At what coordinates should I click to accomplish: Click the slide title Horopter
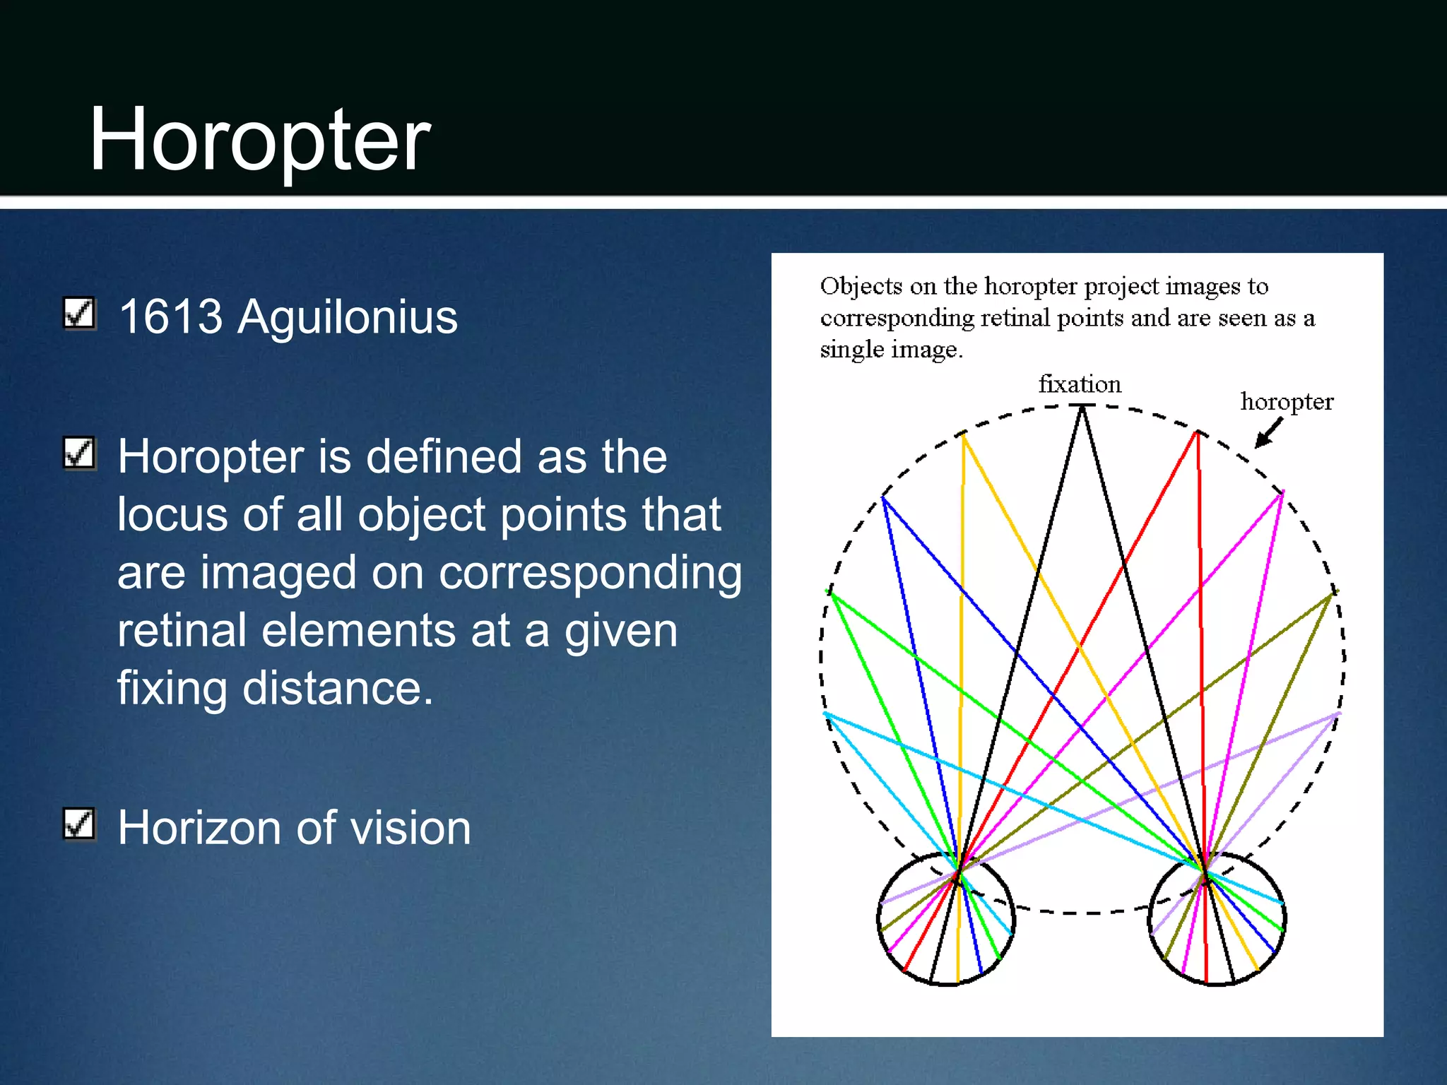coord(259,139)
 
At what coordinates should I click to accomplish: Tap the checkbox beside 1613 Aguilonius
coord(79,313)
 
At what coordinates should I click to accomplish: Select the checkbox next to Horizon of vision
coord(79,824)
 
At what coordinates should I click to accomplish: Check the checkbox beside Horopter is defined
coord(79,453)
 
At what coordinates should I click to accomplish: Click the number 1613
coord(170,316)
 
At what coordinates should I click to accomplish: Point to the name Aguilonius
coord(347,316)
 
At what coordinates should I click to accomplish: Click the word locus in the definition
coord(172,514)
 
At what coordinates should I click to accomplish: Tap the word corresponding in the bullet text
coord(590,572)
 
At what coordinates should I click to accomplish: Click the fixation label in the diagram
coord(1079,384)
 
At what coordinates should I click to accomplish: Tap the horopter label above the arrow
coord(1286,401)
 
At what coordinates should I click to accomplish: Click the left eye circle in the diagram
coord(946,918)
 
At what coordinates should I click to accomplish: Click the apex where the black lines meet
coord(1082,407)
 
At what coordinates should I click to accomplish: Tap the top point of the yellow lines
coord(963,434)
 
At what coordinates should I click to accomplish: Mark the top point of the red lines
coord(1197,432)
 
